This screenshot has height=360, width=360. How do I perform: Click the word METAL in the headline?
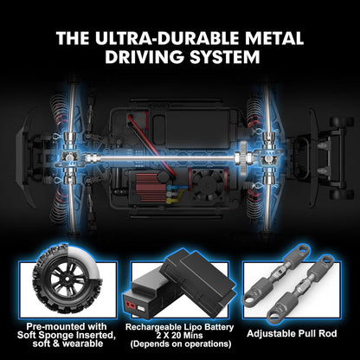(x=269, y=39)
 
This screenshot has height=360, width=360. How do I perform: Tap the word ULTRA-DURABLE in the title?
(x=164, y=39)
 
